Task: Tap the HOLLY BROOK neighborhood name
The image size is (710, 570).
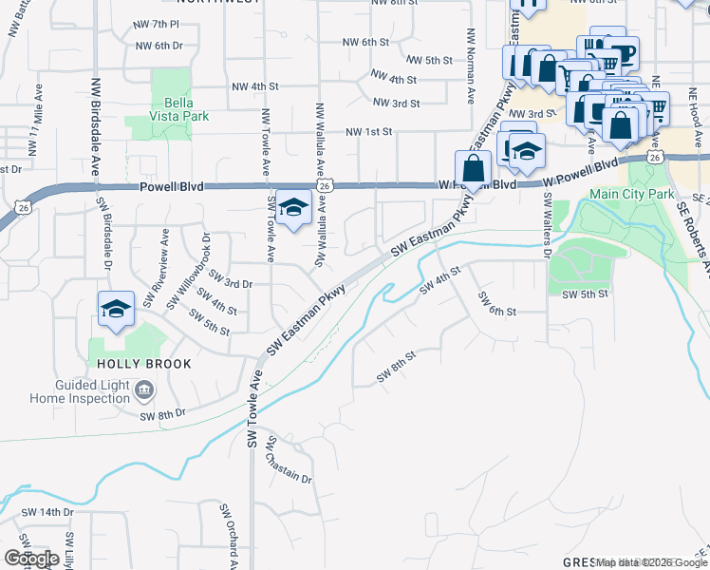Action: pos(140,364)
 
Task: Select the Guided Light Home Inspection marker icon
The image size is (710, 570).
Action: pos(143,389)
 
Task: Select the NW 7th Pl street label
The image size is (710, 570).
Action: pos(158,24)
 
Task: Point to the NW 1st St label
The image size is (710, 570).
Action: pos(368,132)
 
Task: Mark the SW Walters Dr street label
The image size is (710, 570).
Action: pos(547,226)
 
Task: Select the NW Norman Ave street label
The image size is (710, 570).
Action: pos(470,65)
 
